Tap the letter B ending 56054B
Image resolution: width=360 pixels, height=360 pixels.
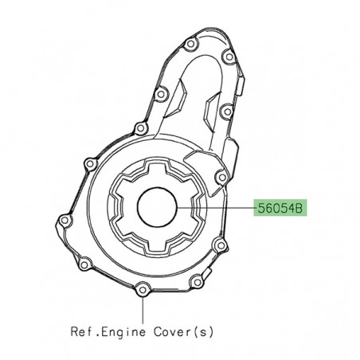click(x=300, y=209)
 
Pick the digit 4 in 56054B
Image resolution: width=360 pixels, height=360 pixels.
click(x=292, y=209)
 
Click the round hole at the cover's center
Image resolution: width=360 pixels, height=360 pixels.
click(x=156, y=209)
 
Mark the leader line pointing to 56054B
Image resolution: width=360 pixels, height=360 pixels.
click(x=214, y=209)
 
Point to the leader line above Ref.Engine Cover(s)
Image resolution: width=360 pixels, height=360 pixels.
click(x=143, y=306)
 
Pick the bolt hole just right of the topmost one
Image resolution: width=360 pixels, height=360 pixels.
click(x=229, y=57)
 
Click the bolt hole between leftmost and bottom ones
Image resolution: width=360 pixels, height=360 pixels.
click(x=86, y=262)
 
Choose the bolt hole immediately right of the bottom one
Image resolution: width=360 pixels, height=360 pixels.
click(x=196, y=280)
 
